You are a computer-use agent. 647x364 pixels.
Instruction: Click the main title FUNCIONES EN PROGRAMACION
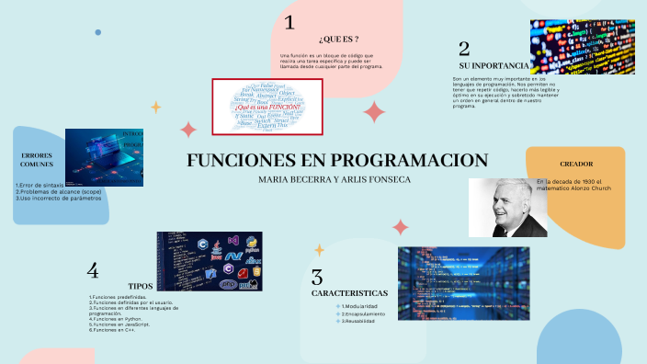click(337, 159)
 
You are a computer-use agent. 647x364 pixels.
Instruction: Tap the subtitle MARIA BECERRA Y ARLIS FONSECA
click(335, 179)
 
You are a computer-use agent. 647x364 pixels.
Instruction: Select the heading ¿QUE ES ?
click(337, 39)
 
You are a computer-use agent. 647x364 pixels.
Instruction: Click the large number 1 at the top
click(289, 23)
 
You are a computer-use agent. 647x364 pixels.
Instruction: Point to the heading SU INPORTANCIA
click(493, 66)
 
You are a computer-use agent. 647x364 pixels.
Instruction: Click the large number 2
click(464, 48)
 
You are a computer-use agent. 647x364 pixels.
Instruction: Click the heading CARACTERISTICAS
click(349, 292)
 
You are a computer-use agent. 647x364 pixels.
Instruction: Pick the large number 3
click(317, 277)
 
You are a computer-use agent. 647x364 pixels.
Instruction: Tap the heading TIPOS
click(141, 286)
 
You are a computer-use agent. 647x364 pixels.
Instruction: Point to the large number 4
click(93, 270)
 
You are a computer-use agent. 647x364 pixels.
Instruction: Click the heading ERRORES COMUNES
click(37, 162)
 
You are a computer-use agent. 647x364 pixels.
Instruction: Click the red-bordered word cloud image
click(267, 107)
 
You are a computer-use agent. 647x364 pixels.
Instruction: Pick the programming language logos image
click(210, 261)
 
